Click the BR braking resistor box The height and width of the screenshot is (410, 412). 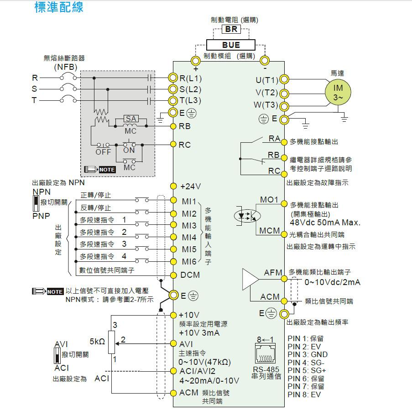[231, 29]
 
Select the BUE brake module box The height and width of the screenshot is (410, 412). [231, 45]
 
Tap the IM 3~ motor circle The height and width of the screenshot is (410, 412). [338, 92]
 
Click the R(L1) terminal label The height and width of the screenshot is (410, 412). [191, 78]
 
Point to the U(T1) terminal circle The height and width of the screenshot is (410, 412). [284, 79]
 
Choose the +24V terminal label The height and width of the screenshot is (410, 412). [191, 187]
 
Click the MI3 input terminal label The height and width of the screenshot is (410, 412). [189, 226]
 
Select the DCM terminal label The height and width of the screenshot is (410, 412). [190, 275]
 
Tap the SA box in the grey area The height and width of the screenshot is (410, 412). [131, 119]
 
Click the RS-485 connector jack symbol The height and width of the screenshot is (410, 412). [266, 353]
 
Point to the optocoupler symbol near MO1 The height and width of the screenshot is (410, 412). [247, 216]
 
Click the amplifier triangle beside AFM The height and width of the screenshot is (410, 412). [250, 279]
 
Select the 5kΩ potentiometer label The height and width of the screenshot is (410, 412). [97, 341]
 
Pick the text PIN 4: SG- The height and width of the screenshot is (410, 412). [306, 363]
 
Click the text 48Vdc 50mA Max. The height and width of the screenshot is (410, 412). [325, 223]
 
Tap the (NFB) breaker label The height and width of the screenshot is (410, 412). [66, 67]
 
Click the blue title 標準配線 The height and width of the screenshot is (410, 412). [59, 7]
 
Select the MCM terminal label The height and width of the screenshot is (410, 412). [270, 230]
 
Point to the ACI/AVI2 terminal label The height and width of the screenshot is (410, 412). [197, 371]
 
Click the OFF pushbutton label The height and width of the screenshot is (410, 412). [103, 152]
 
